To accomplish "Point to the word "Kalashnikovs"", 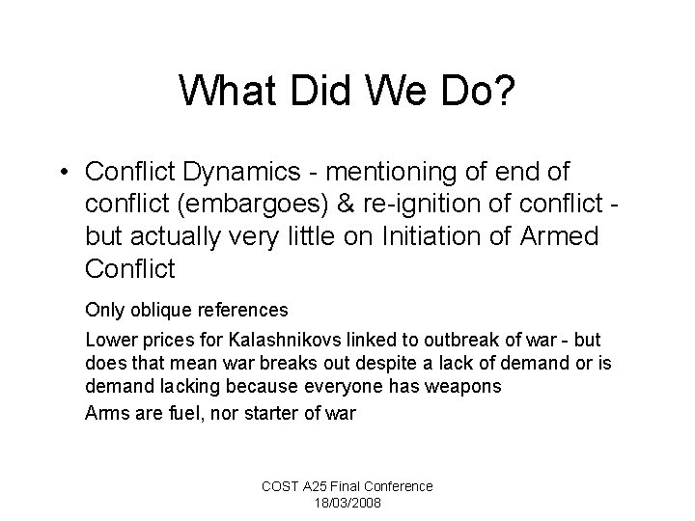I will pos(285,340).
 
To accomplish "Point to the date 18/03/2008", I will pos(347,504).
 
